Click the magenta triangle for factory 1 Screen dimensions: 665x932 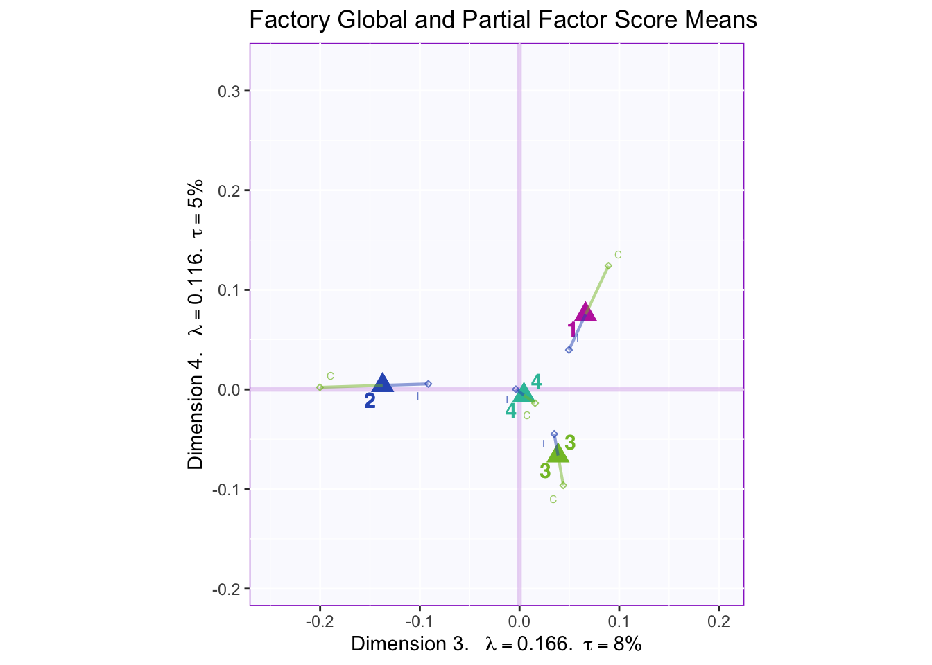(x=586, y=313)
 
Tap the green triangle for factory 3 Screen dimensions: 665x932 (x=558, y=454)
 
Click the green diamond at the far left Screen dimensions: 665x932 (x=320, y=387)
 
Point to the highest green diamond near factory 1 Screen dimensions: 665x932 (x=608, y=266)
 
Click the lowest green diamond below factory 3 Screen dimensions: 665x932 (x=563, y=485)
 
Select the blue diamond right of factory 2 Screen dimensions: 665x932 (x=429, y=384)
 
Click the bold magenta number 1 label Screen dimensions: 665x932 (x=572, y=330)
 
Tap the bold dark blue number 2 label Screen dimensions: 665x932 (x=370, y=401)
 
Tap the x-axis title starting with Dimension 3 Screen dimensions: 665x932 (x=496, y=644)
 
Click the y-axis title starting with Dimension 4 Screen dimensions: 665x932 (x=196, y=324)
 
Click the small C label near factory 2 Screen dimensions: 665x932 (x=330, y=376)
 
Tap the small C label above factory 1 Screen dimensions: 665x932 (x=618, y=255)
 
